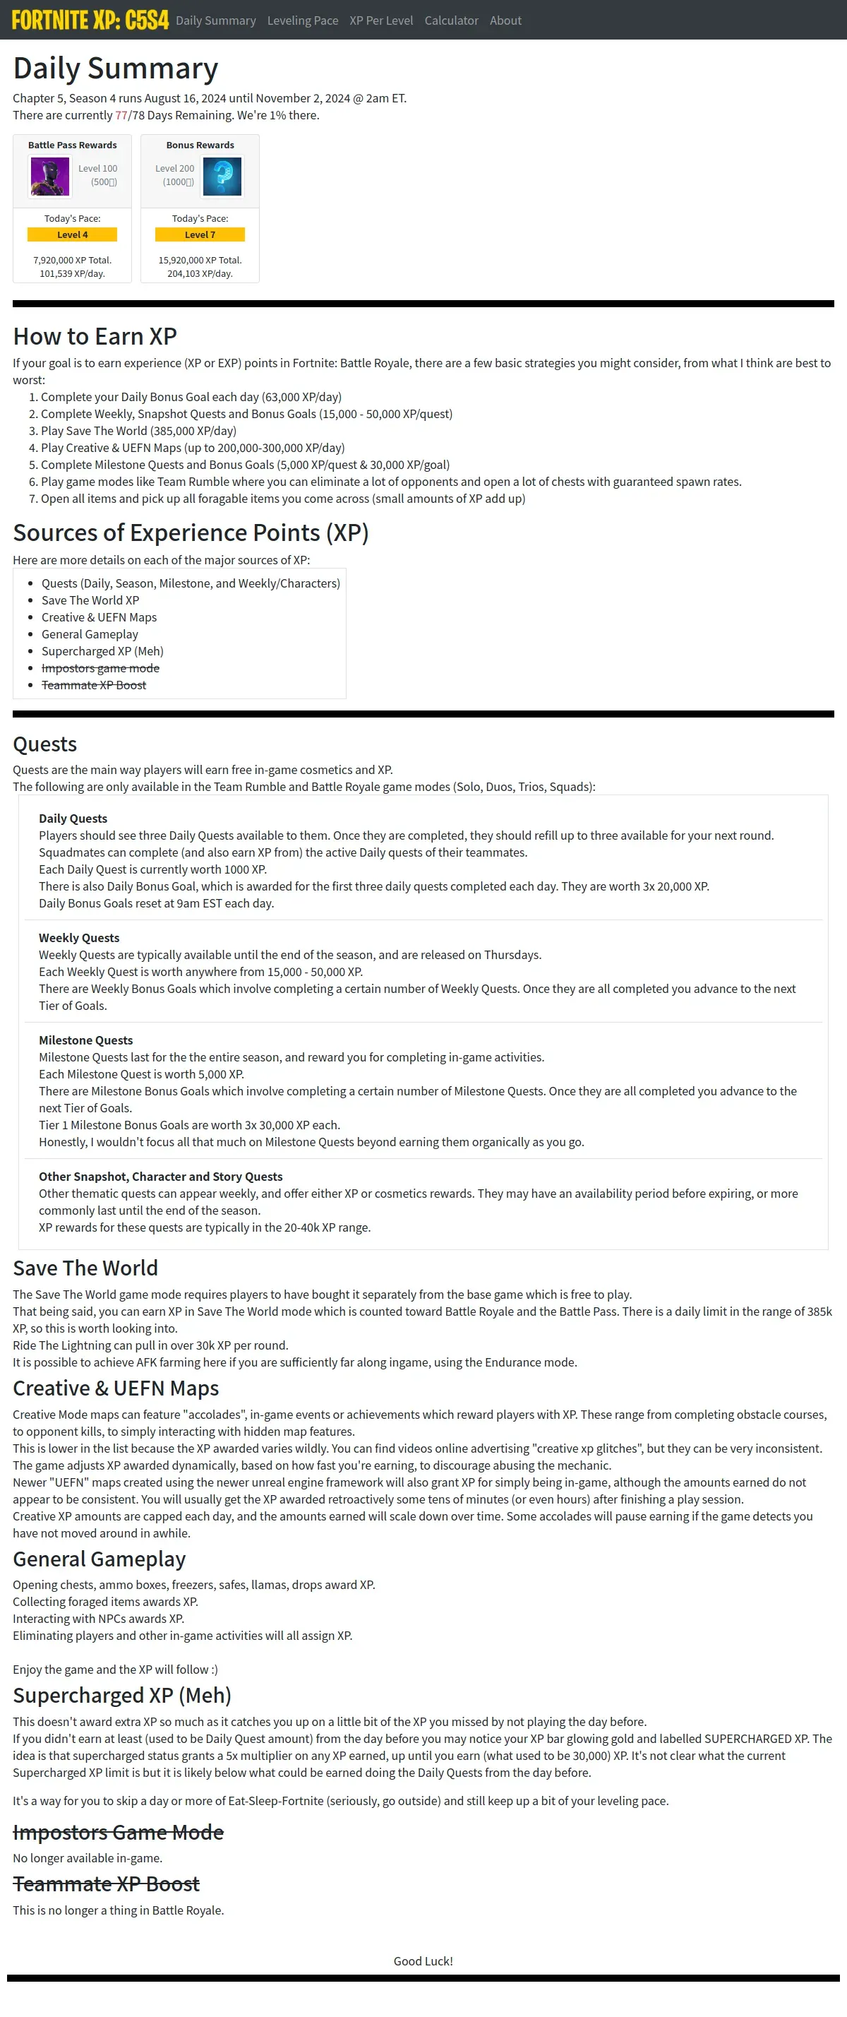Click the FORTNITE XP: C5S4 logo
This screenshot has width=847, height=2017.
click(x=90, y=20)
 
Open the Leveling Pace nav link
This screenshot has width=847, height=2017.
click(x=302, y=20)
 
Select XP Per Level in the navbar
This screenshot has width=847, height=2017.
click(x=381, y=20)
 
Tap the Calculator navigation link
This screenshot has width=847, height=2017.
click(x=451, y=20)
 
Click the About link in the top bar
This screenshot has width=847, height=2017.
click(x=505, y=20)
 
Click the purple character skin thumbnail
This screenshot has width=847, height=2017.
click(x=50, y=176)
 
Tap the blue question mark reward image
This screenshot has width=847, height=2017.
click(x=222, y=176)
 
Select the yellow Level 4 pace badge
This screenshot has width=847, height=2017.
click(x=72, y=235)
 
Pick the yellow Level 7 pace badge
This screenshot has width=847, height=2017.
click(x=200, y=235)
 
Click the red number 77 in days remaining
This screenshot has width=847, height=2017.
click(x=121, y=115)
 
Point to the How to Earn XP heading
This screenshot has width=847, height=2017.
click(x=95, y=336)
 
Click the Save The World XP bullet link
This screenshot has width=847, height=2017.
click(x=90, y=600)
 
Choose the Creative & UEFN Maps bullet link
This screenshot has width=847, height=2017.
click(x=99, y=618)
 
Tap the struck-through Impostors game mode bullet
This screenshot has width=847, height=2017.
click(x=100, y=669)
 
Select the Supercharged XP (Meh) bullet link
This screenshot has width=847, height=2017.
click(x=102, y=651)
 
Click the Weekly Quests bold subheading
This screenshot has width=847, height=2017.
click(x=79, y=938)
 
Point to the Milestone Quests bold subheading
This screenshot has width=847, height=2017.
click(x=85, y=1040)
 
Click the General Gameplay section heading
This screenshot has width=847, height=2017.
click(x=100, y=1559)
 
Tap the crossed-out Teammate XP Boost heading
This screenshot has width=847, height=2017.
click(x=106, y=1884)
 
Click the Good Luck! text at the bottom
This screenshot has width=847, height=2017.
click(x=423, y=1961)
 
